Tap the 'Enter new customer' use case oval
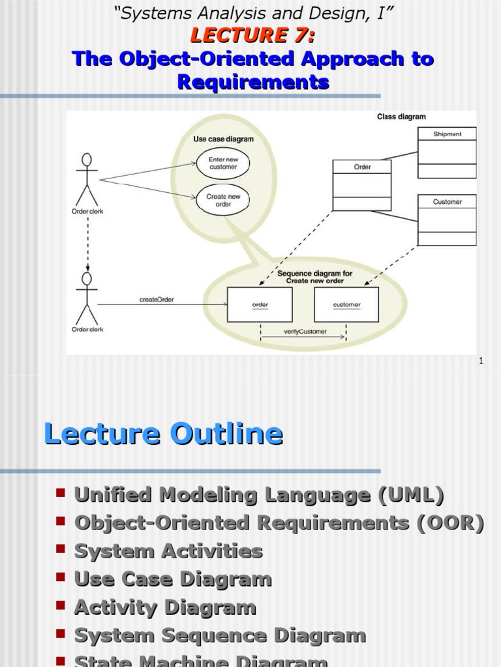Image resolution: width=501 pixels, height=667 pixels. coord(223,163)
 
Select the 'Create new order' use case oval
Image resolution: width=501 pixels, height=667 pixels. coord(223,200)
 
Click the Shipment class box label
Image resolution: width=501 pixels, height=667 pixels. coord(447,134)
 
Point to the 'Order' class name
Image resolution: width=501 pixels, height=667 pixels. coord(362,167)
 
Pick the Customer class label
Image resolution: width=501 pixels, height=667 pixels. coord(447,202)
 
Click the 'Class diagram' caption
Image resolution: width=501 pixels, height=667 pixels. coord(401,117)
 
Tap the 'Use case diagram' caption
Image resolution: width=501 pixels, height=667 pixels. coord(223,139)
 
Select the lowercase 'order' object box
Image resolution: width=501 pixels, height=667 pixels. coord(260,305)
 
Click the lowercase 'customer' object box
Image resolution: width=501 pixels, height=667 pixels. coord(346,305)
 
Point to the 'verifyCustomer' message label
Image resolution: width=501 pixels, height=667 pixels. coord(303,332)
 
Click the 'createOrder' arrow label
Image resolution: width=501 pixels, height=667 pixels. coord(157,300)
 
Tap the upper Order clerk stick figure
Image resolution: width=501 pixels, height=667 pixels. coord(86,179)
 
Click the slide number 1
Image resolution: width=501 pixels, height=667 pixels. coord(481,361)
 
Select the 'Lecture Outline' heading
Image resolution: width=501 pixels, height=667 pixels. coord(163,434)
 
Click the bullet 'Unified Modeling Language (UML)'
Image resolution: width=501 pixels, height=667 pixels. coord(259,495)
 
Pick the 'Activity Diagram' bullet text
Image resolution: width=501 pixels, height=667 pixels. coord(165,608)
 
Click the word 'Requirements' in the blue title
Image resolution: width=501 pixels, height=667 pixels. coord(253,82)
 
